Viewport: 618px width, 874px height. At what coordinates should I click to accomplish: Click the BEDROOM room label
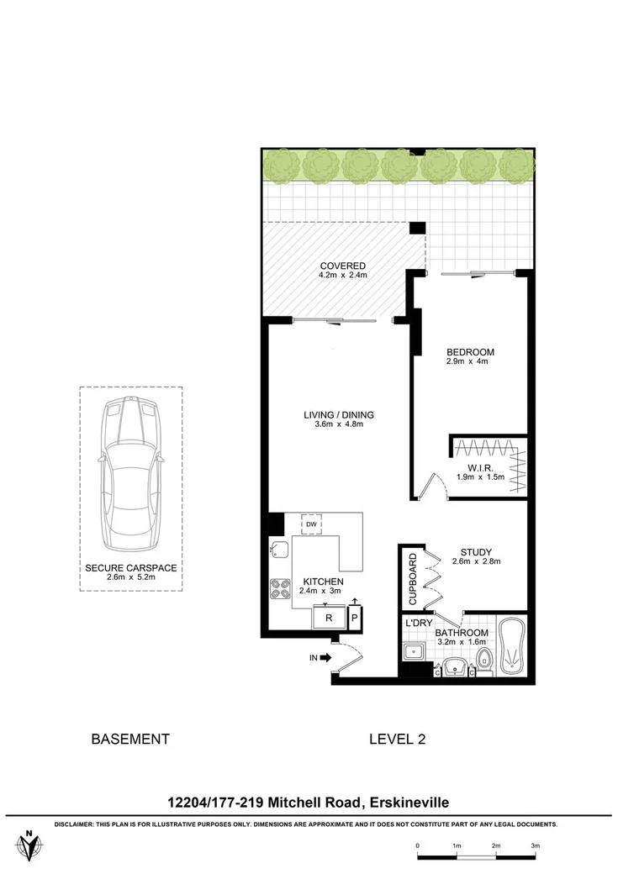click(470, 352)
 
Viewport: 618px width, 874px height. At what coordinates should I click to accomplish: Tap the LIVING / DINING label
click(338, 414)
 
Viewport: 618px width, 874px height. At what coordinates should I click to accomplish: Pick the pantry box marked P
click(354, 618)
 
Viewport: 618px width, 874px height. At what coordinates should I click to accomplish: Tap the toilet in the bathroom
click(483, 655)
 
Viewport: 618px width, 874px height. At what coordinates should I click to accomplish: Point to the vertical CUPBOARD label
click(412, 579)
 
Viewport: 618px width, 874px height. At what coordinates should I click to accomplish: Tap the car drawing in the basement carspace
click(130, 476)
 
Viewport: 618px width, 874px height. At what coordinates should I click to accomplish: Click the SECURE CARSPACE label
click(130, 568)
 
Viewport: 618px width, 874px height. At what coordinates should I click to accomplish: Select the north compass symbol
click(31, 845)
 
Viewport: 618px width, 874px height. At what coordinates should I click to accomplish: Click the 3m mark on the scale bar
click(535, 845)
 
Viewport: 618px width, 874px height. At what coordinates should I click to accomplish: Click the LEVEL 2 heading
click(397, 740)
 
